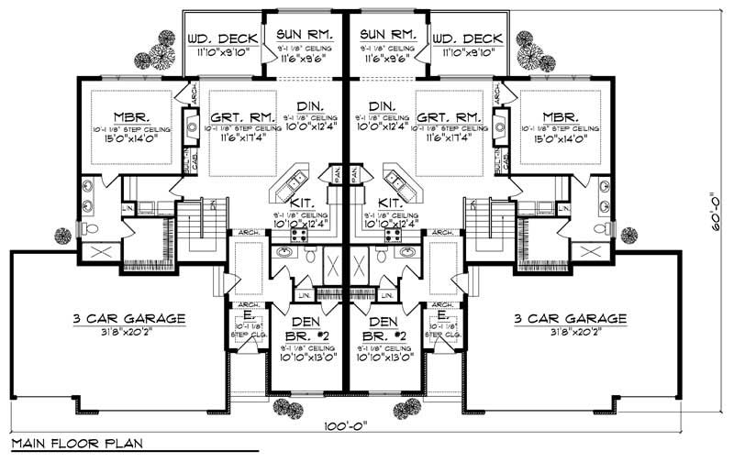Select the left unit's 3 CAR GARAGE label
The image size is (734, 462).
point(129,319)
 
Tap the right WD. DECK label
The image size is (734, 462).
point(467,38)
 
